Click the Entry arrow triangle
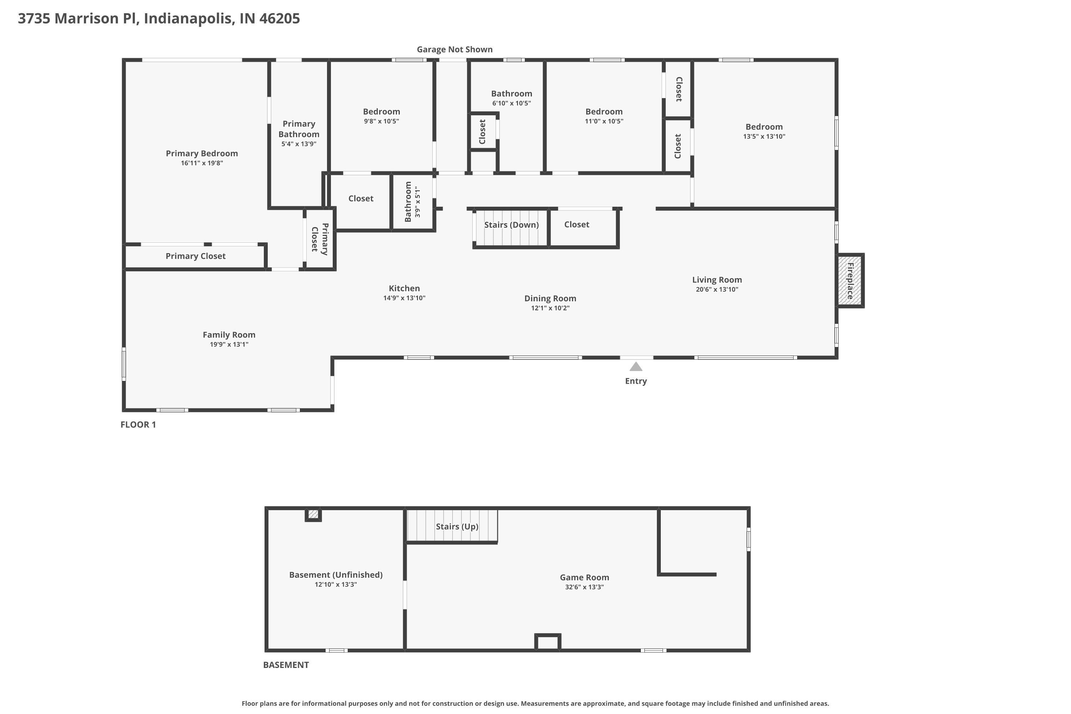click(x=636, y=367)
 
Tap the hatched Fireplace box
click(x=850, y=281)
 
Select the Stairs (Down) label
click(x=511, y=225)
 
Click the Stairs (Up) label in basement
click(x=457, y=526)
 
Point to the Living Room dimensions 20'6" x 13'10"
click(x=717, y=290)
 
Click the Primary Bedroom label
click(x=202, y=154)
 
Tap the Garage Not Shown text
click(x=454, y=49)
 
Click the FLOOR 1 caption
click(x=138, y=424)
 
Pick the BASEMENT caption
click(x=286, y=665)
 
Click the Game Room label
click(x=584, y=577)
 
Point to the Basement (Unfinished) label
click(x=336, y=575)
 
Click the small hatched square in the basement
click(x=313, y=514)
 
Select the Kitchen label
click(x=404, y=288)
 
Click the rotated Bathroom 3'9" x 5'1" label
click(x=412, y=202)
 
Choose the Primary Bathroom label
click(x=299, y=129)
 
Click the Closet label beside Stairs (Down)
click(x=577, y=225)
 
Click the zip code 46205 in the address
click(x=279, y=18)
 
